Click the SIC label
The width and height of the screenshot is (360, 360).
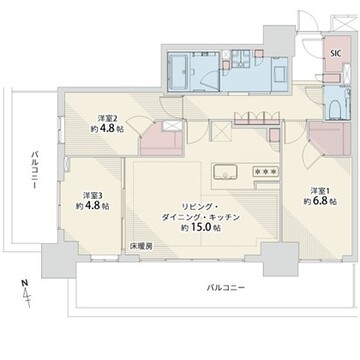click(336, 54)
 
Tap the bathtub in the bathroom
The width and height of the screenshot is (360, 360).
click(179, 72)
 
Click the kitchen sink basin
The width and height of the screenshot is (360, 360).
click(225, 172)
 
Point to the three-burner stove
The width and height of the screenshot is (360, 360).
click(266, 171)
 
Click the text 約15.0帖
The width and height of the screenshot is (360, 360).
click(200, 228)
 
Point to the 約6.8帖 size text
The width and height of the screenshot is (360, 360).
click(320, 201)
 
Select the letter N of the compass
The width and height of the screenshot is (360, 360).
click(24, 283)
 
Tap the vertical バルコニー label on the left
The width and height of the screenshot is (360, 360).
click(34, 170)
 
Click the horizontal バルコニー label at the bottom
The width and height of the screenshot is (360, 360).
click(225, 288)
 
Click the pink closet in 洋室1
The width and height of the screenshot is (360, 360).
click(330, 139)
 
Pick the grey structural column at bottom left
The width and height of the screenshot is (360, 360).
click(59, 260)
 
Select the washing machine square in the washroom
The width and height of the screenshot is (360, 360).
click(280, 73)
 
